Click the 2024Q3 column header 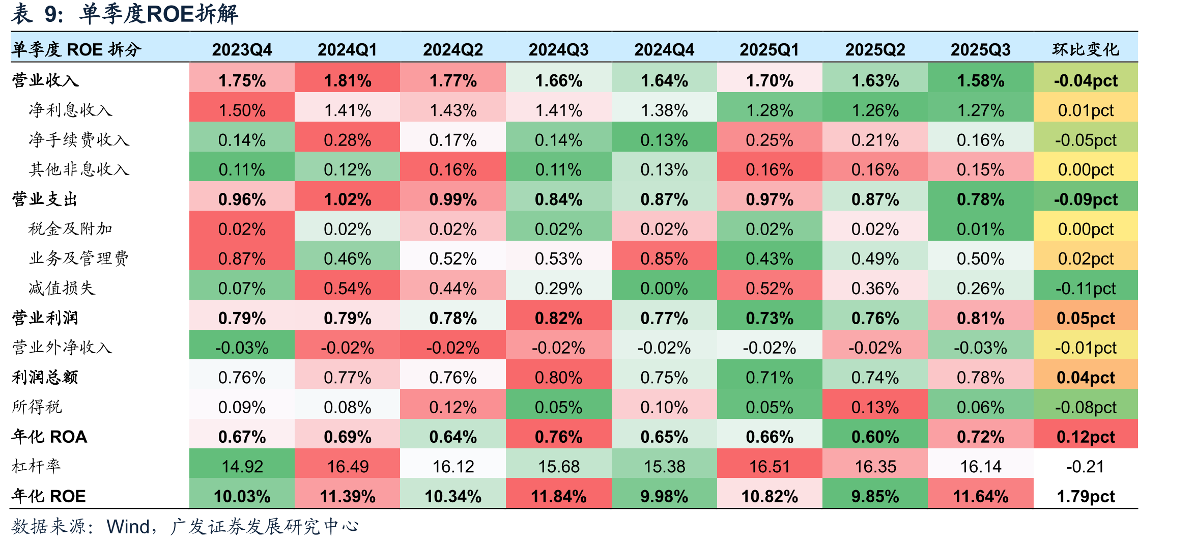point(558,49)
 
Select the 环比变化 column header point(1086,49)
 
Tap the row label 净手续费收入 point(79,139)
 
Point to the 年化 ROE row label point(49,496)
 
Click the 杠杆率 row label point(36,466)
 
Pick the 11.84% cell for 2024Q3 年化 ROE point(558,496)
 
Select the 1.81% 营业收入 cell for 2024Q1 point(348,80)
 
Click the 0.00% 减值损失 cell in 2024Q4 point(664,289)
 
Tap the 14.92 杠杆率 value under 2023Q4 point(242,466)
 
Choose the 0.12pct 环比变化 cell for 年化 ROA point(1086,437)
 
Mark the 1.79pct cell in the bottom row point(1086,496)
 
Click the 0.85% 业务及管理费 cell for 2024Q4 point(664,259)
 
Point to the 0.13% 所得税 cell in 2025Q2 point(875,407)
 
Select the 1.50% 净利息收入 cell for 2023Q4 point(242,110)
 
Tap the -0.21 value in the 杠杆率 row point(1086,466)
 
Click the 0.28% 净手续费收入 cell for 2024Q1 point(348,140)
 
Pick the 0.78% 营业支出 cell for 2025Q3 point(981,199)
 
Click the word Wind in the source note point(128,527)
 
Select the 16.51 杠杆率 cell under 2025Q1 point(770,466)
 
